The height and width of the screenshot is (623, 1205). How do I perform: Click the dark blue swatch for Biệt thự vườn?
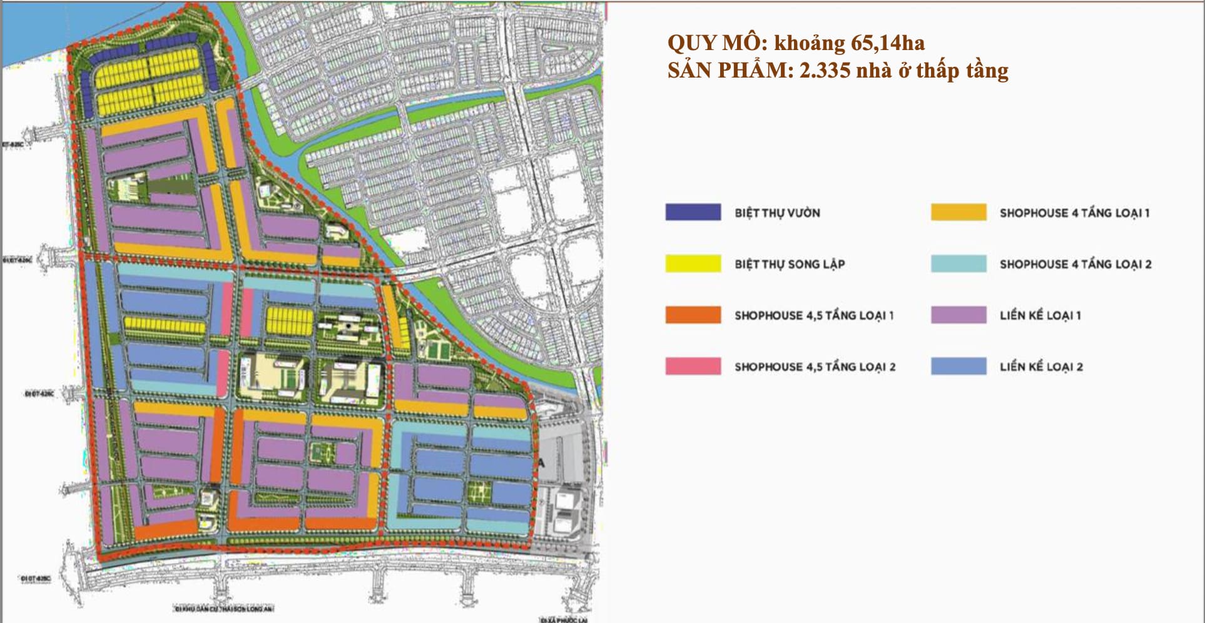[x=693, y=212]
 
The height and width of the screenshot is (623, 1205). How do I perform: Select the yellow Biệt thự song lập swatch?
[x=693, y=263]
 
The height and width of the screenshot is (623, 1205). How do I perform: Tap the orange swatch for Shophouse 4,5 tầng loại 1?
[x=693, y=315]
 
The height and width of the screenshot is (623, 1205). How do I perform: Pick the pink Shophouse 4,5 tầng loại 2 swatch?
[x=693, y=366]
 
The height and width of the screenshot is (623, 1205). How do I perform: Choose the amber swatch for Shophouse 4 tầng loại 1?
[x=958, y=212]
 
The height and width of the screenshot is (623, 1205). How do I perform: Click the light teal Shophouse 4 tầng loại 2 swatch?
[x=958, y=263]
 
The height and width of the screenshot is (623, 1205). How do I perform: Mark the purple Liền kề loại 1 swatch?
[x=958, y=315]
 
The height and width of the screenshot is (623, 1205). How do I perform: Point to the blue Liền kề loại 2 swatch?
[x=958, y=366]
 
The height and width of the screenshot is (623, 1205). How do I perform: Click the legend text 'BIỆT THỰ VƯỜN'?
[x=777, y=213]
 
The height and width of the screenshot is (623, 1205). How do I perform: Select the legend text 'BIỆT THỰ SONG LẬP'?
[x=790, y=264]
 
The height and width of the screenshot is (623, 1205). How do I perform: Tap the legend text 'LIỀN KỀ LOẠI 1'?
[x=1040, y=315]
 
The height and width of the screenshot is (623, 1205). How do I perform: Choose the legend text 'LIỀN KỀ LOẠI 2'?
[x=1041, y=367]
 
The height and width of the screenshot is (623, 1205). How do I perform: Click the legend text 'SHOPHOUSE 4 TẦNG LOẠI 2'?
[x=1075, y=264]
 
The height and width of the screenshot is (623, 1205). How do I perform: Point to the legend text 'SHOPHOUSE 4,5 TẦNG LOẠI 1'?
[x=814, y=315]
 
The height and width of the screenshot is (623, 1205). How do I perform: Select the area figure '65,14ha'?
[x=888, y=43]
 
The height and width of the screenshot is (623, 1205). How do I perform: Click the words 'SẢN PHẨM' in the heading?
[x=726, y=70]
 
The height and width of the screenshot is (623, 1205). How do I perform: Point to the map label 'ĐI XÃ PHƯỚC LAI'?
[x=563, y=619]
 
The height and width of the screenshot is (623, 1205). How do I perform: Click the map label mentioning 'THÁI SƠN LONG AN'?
[x=224, y=608]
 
